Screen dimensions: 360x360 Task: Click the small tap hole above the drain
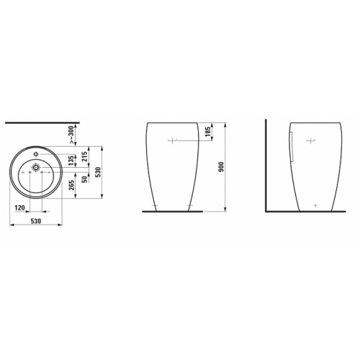tap(35, 153)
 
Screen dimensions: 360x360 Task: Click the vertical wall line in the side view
tap(265, 166)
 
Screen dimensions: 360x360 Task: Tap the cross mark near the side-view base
tap(317, 204)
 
